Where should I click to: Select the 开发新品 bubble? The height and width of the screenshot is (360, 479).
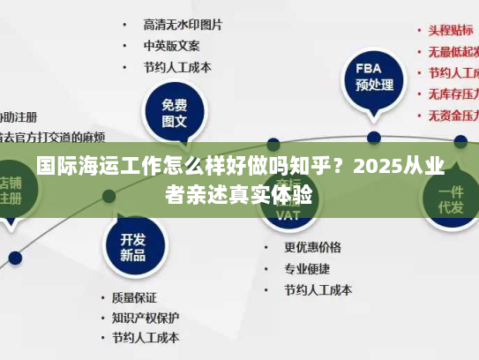click(133, 246)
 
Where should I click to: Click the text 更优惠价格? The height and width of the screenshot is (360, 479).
click(312, 246)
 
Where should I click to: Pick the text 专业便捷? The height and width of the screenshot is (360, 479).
click(306, 267)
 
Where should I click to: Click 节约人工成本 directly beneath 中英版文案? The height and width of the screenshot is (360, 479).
click(177, 67)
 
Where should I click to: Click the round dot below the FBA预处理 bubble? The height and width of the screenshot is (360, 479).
click(374, 138)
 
